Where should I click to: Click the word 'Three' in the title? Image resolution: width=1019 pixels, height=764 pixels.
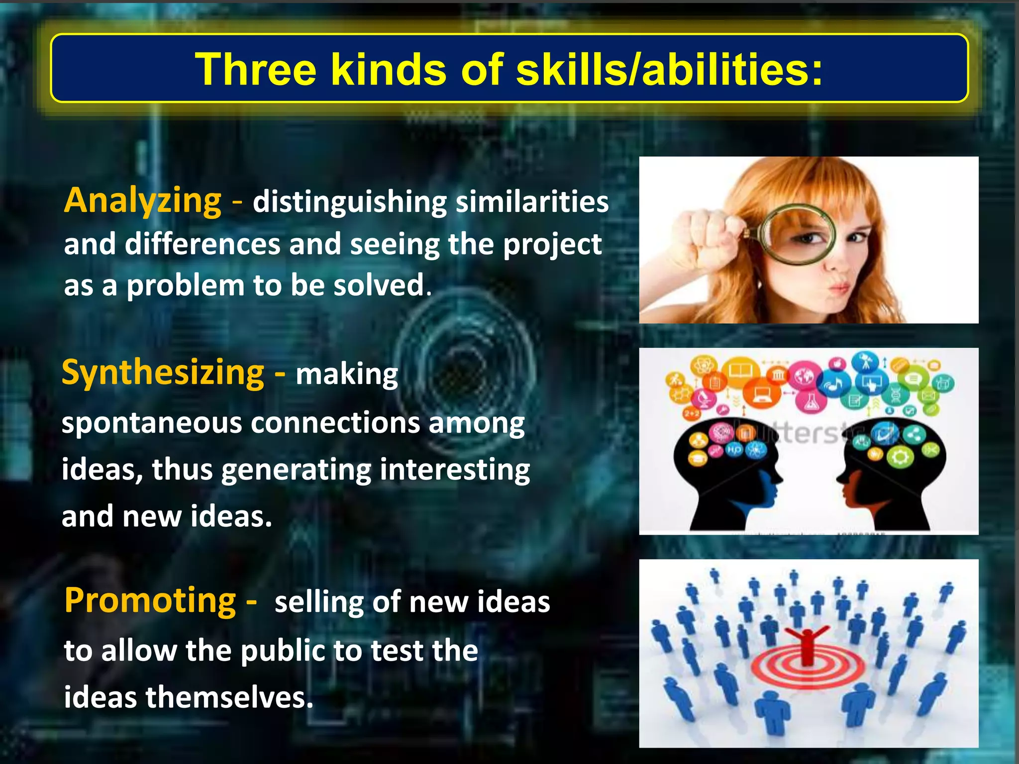(x=255, y=69)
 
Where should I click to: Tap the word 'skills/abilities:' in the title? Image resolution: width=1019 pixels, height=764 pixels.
(x=669, y=69)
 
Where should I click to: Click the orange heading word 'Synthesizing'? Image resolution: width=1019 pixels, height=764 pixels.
(x=163, y=373)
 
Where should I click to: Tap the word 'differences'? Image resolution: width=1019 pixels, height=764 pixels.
(x=202, y=244)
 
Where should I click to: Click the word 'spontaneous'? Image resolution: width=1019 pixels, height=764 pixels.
(x=151, y=423)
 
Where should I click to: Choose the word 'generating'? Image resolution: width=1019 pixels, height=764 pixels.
(x=296, y=470)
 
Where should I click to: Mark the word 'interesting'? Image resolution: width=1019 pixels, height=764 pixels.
(x=455, y=470)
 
